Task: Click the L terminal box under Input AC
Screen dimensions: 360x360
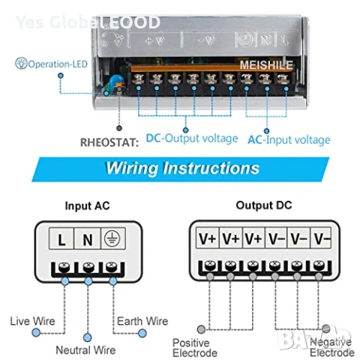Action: (61, 240)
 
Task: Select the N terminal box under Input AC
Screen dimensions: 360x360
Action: (87, 240)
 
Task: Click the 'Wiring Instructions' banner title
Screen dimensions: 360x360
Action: (182, 166)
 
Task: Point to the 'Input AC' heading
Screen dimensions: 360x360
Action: (88, 205)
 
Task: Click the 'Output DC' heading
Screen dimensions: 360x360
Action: (264, 205)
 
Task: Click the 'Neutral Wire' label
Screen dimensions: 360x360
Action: (86, 349)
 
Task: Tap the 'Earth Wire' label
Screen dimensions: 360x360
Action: (142, 321)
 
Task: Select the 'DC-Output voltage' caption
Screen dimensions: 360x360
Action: (191, 138)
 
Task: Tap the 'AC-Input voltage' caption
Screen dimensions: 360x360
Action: (289, 139)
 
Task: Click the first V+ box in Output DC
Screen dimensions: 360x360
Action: (207, 238)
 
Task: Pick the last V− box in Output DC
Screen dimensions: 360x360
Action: (321, 238)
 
